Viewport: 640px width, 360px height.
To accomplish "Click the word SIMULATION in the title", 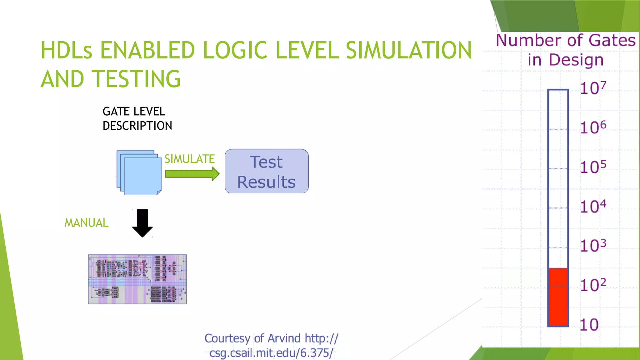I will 408,50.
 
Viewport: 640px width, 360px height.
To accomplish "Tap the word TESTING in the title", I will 137,79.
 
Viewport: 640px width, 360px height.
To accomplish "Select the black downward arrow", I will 142,223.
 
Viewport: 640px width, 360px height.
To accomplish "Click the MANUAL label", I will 87,223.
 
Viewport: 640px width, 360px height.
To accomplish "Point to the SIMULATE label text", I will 189,159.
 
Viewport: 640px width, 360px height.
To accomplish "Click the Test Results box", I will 267,171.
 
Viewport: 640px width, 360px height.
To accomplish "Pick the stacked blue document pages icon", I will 139,173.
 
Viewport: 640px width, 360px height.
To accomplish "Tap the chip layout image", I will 137,279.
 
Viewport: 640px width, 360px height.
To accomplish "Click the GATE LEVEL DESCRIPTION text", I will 137,118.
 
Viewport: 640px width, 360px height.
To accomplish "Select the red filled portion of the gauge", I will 558,297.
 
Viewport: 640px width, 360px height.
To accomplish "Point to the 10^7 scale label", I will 593,88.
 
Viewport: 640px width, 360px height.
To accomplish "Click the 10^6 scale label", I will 593,127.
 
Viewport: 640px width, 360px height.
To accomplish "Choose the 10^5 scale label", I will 593,167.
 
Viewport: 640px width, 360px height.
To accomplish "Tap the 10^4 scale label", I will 593,207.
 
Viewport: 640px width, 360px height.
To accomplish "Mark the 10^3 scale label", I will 593,246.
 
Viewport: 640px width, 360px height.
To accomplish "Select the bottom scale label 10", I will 589,325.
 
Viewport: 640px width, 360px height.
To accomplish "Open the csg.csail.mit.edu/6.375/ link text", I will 271,353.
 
